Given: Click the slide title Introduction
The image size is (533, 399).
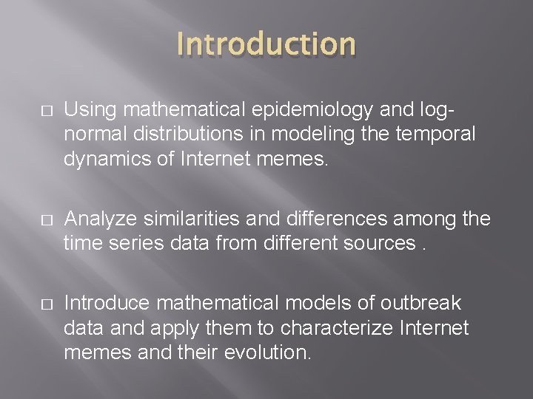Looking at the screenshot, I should point(266,44).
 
